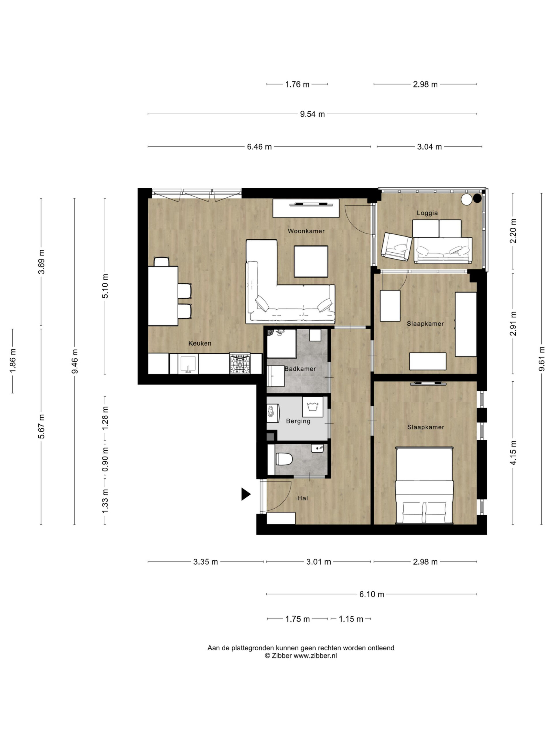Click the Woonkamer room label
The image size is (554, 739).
306,231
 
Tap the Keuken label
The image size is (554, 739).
200,343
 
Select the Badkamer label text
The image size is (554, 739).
300,369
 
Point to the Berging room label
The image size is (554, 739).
298,421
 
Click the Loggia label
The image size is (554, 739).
427,213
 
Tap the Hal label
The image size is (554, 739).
303,498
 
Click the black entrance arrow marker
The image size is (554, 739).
246,494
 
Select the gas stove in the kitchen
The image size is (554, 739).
239,364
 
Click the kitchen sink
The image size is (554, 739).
188,364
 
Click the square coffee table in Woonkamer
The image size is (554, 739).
311,262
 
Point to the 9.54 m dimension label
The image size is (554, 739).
312,114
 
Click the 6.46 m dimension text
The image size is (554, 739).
259,147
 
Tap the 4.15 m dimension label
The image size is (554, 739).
513,453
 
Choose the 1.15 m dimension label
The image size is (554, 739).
351,619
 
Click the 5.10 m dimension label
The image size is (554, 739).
105,286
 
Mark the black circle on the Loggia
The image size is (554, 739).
478,198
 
